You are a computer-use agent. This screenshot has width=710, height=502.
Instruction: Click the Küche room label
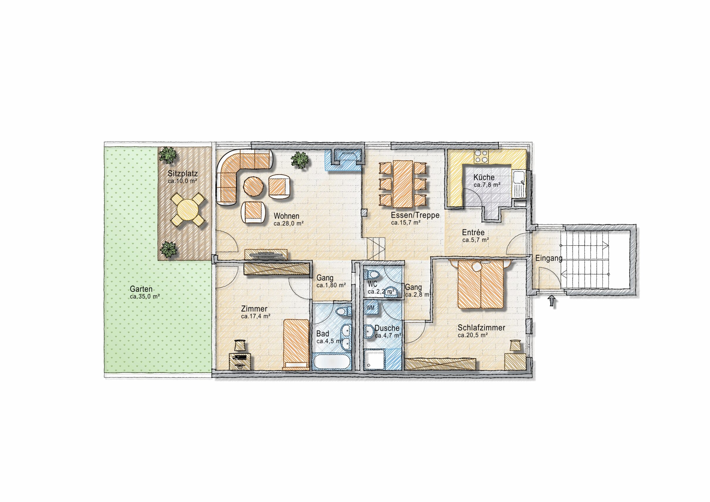click(x=484, y=178)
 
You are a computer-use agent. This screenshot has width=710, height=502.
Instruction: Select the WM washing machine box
click(x=371, y=308)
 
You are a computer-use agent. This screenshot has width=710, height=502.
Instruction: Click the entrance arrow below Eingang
click(x=551, y=301)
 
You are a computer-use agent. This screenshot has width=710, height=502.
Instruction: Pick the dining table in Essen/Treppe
click(x=403, y=184)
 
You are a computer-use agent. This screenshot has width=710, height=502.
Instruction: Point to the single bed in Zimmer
click(x=296, y=344)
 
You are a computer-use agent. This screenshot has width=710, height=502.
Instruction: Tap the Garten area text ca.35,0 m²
click(x=145, y=297)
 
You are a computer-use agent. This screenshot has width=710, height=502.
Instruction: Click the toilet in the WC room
click(x=372, y=274)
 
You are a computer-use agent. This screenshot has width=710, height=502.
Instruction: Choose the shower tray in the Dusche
click(x=374, y=359)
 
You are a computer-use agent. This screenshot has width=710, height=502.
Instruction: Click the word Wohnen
click(x=286, y=216)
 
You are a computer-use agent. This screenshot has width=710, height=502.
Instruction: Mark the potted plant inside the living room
click(x=300, y=160)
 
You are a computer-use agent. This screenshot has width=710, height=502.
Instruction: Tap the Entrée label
click(x=473, y=232)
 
